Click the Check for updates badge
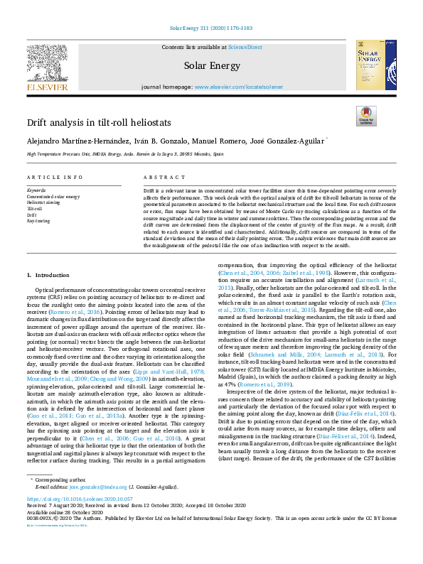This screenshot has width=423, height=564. [365, 115]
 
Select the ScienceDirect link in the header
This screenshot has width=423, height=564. [245, 47]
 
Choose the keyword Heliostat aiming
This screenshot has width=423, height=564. [43, 202]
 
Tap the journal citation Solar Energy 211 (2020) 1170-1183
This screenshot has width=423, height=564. [210, 29]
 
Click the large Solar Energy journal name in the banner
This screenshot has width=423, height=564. [210, 66]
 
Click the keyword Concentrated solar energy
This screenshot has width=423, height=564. [53, 197]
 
